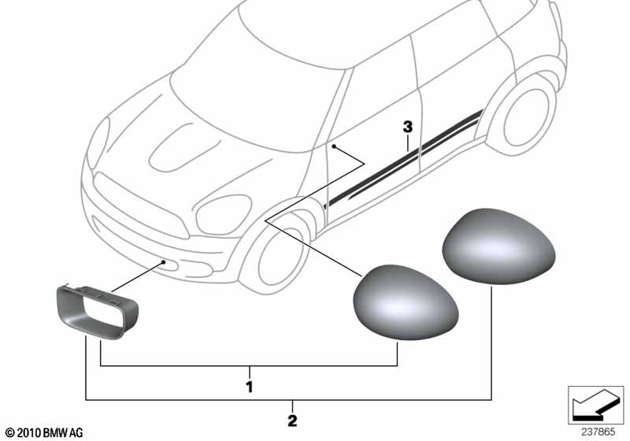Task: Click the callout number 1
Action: click(x=250, y=387)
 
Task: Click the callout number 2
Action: click(x=292, y=421)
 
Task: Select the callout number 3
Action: click(x=408, y=128)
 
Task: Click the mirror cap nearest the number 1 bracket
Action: click(x=405, y=302)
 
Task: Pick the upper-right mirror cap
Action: click(x=498, y=246)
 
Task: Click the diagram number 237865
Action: click(x=598, y=432)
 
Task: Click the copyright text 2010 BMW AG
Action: click(x=44, y=432)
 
